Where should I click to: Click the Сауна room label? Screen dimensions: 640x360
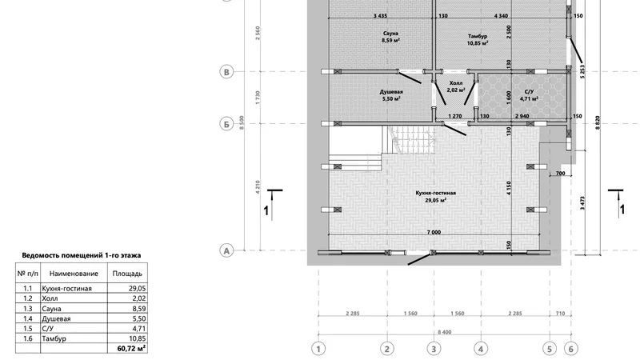pyautogui.click(x=390, y=34)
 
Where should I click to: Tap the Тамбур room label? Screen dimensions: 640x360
pyautogui.click(x=478, y=36)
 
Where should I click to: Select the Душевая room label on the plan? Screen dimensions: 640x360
pyautogui.click(x=391, y=92)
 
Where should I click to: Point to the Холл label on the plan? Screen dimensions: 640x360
pyautogui.click(x=455, y=83)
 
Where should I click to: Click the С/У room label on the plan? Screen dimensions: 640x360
pyautogui.click(x=529, y=92)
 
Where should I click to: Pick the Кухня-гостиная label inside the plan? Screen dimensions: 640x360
pyautogui.click(x=435, y=193)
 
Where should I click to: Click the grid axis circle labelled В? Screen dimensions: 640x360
pyautogui.click(x=227, y=72)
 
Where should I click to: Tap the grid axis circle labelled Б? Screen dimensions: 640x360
pyautogui.click(x=227, y=124)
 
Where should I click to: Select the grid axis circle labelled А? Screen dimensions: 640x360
pyautogui.click(x=227, y=250)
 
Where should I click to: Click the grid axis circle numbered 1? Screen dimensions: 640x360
pyautogui.click(x=318, y=349)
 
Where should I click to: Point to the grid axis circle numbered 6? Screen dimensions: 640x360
pyautogui.click(x=571, y=349)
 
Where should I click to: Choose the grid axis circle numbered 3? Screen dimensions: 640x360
pyautogui.click(x=434, y=349)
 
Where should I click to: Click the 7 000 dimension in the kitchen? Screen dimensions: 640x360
pyautogui.click(x=434, y=232)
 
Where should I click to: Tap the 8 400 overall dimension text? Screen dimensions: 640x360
pyautogui.click(x=445, y=332)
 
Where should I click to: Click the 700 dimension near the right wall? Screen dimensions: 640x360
pyautogui.click(x=561, y=174)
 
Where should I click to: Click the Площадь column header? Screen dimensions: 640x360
pyautogui.click(x=127, y=274)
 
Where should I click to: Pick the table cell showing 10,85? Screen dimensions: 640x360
pyautogui.click(x=137, y=338)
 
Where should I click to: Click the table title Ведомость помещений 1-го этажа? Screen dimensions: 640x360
pyautogui.click(x=82, y=255)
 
